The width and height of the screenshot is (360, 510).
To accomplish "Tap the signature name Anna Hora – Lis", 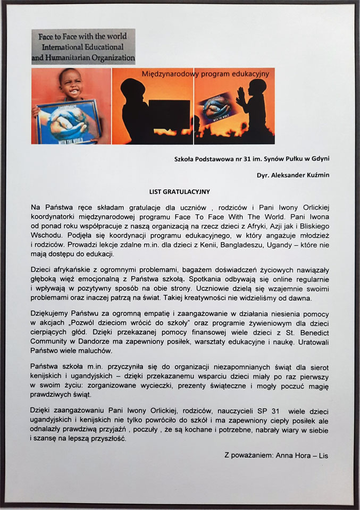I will click(x=302, y=455).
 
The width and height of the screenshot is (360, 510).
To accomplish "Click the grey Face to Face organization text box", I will click(x=83, y=47).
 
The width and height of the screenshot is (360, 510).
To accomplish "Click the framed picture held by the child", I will click(x=68, y=122).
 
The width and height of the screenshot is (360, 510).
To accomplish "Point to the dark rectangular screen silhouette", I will click(x=169, y=115).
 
